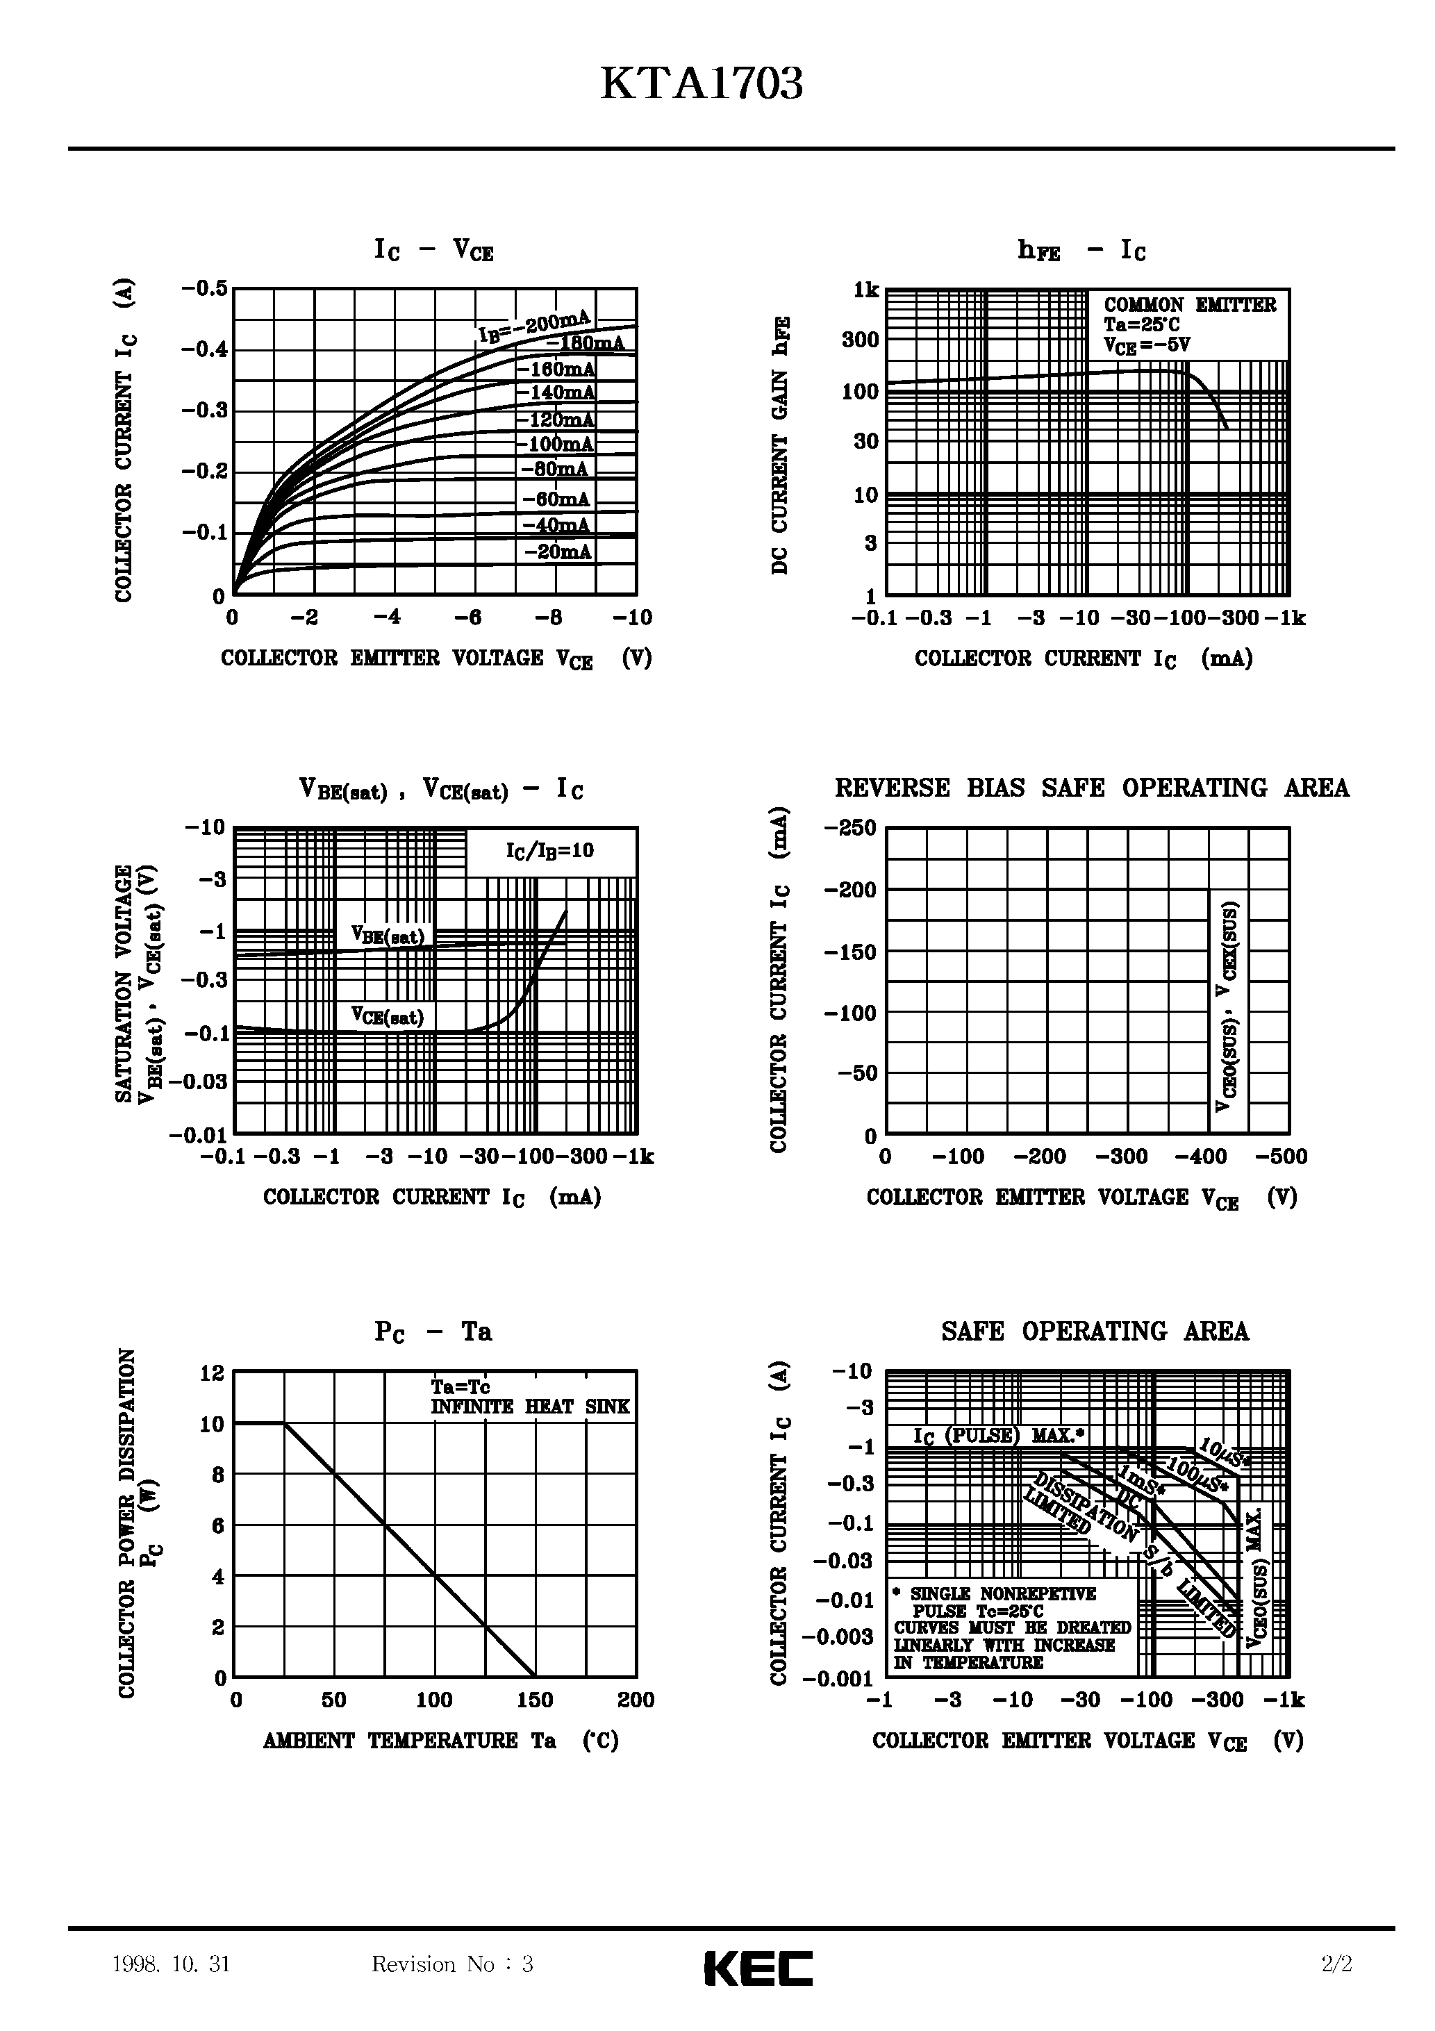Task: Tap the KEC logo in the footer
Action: coord(758,1968)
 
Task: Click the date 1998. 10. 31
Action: coord(172,1964)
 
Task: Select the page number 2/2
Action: coord(1337,1964)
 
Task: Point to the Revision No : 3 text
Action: coord(452,1964)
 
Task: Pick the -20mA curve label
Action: coord(557,552)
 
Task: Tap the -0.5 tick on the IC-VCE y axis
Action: coord(204,288)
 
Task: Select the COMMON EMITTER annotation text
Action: coord(1189,305)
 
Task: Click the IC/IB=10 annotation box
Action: coord(549,851)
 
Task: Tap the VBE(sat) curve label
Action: coord(388,936)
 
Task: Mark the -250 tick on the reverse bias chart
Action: coord(849,829)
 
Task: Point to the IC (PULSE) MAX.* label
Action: coord(999,1435)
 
